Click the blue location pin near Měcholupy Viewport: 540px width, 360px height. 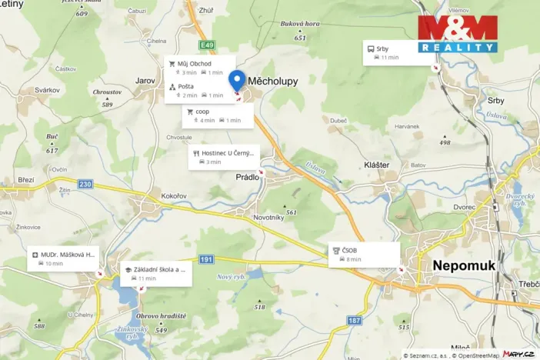coord(237,79)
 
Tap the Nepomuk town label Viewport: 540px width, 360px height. coord(465,265)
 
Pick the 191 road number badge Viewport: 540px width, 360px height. coord(205,260)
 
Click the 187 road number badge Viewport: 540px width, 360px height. coord(354,319)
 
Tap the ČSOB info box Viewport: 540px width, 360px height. coord(364,254)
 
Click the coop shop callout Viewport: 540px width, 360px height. coord(220,115)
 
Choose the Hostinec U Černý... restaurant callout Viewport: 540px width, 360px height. coord(224,157)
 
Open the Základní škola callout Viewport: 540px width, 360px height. coord(156,274)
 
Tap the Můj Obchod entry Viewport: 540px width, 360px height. coord(198,67)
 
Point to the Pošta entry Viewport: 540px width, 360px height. coord(198,91)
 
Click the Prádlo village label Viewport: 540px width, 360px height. coord(248,176)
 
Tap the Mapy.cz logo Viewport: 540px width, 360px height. coord(519,353)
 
